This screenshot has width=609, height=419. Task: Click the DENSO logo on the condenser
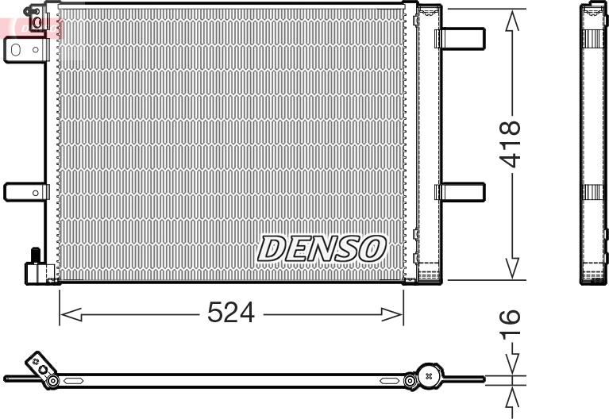(x=321, y=248)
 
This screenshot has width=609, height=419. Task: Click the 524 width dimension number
(x=231, y=313)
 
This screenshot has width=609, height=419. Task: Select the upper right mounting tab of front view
(x=462, y=38)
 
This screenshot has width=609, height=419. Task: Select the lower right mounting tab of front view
(x=462, y=192)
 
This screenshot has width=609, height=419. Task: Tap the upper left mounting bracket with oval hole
(x=25, y=49)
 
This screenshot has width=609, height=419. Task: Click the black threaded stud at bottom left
(x=35, y=256)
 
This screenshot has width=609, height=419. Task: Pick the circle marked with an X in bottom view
(x=429, y=375)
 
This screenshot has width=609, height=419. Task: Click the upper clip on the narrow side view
(x=592, y=38)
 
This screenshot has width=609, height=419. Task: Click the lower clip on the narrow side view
(x=592, y=192)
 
